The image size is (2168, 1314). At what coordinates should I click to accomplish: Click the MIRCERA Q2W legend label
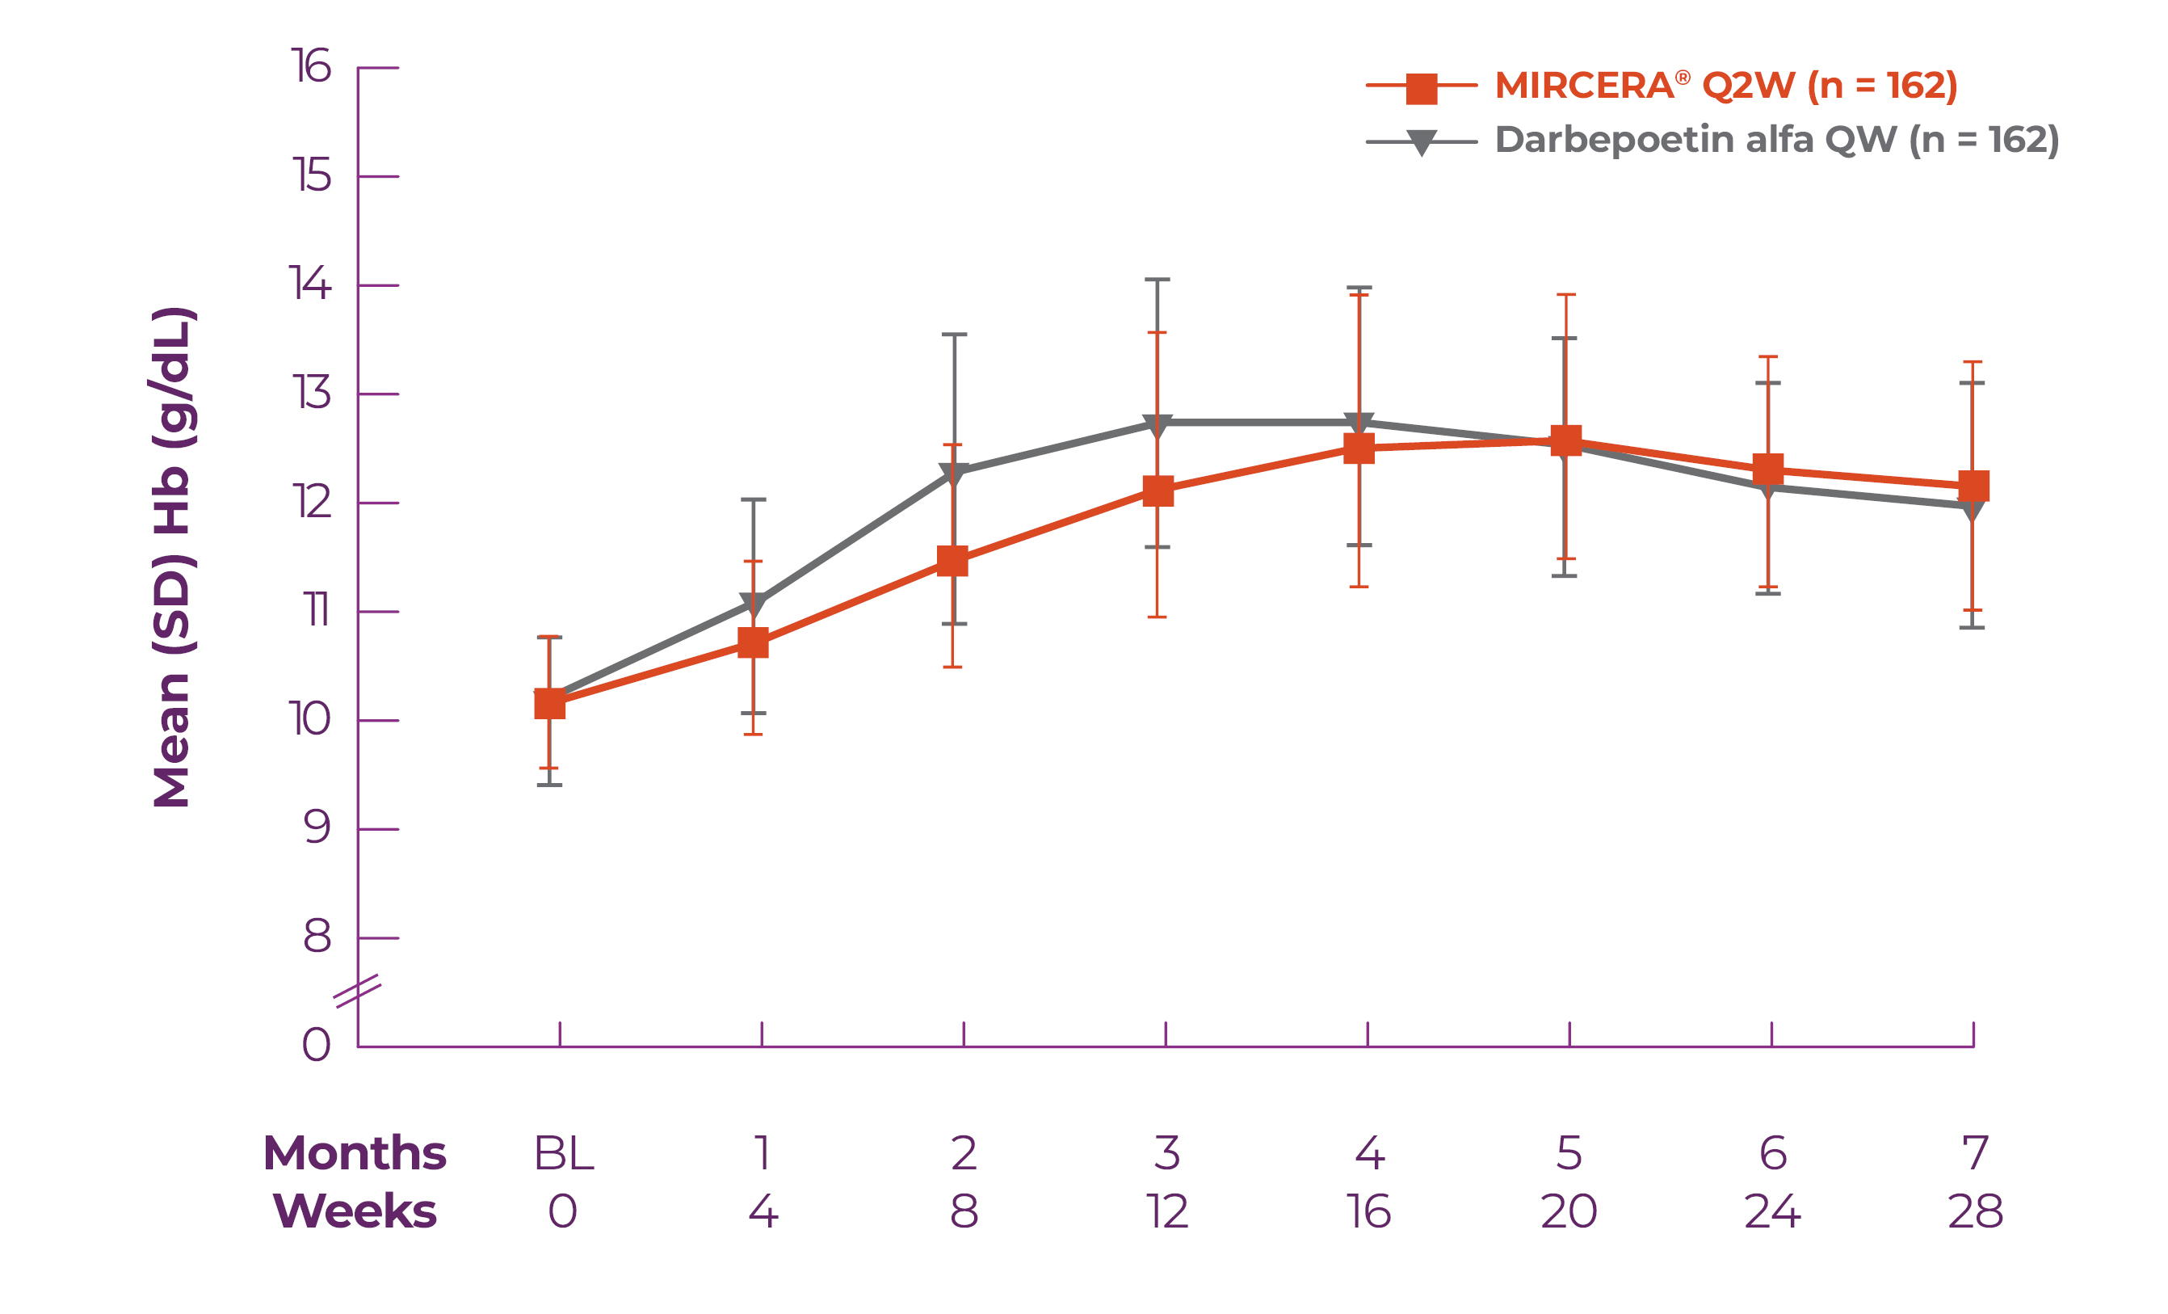[x=1725, y=86]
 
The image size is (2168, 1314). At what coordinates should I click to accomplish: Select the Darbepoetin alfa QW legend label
[x=1776, y=140]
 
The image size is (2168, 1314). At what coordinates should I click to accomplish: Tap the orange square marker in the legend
[x=1421, y=87]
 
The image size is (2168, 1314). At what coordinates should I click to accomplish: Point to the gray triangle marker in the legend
[x=1421, y=141]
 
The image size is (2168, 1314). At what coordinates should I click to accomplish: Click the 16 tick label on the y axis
[x=311, y=67]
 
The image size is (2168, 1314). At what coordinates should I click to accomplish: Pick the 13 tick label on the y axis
[x=311, y=394]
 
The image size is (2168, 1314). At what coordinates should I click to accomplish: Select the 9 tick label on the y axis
[x=316, y=828]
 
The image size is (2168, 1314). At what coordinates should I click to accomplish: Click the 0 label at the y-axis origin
[x=316, y=1046]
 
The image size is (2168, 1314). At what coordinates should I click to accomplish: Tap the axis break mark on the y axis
[x=357, y=991]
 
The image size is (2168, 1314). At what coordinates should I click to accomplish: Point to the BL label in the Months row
[x=564, y=1153]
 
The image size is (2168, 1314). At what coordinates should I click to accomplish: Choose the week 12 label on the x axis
[x=1166, y=1212]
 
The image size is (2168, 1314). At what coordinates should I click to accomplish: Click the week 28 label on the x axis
[x=1975, y=1212]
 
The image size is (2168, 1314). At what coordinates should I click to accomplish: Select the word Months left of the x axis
[x=355, y=1153]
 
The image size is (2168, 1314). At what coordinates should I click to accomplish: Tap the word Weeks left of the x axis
[x=355, y=1212]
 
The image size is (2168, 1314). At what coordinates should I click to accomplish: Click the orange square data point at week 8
[x=953, y=561]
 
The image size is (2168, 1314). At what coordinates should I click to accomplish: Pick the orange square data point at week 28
[x=1973, y=486]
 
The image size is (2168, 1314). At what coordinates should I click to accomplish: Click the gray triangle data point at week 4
[x=753, y=604]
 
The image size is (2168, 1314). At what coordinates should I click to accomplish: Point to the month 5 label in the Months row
[x=1569, y=1153]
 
